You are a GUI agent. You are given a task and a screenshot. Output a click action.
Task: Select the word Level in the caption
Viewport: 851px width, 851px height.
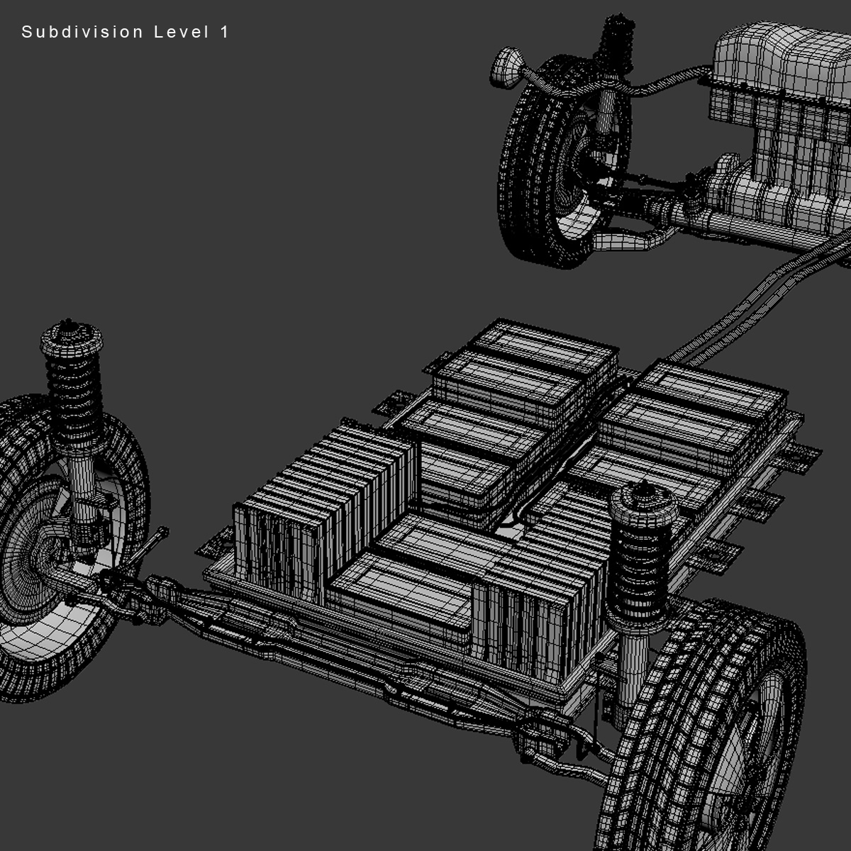click(x=181, y=32)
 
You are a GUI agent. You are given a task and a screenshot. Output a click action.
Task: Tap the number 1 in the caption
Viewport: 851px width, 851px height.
click(x=225, y=32)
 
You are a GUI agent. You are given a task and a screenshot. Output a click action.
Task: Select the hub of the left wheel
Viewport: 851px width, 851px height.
click(x=35, y=560)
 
